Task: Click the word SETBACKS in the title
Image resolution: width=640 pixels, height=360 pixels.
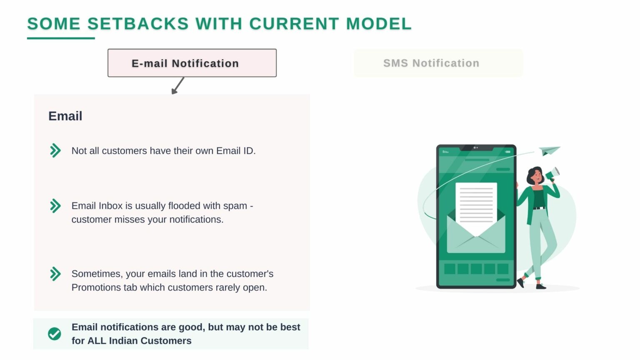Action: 138,24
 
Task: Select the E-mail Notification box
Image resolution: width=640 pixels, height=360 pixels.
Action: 192,63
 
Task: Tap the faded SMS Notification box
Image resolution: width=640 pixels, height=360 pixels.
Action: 439,63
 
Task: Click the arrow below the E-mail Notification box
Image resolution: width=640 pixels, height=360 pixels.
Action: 178,85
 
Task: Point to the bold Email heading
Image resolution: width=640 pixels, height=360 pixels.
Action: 65,116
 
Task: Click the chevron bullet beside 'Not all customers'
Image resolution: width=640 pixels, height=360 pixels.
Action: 55,150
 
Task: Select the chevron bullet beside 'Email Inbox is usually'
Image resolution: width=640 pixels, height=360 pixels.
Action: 55,206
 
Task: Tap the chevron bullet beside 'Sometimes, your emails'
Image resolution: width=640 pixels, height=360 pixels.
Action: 55,274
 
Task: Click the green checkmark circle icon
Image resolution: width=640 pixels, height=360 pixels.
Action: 54,334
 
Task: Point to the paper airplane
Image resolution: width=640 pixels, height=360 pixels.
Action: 550,150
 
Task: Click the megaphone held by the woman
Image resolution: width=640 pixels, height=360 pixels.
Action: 552,174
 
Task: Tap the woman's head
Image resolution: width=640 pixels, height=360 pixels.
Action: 535,175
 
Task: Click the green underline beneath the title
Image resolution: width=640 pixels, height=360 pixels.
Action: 61,38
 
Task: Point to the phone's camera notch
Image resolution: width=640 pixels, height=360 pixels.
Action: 476,148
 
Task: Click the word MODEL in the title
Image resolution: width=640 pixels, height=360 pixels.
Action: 379,24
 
